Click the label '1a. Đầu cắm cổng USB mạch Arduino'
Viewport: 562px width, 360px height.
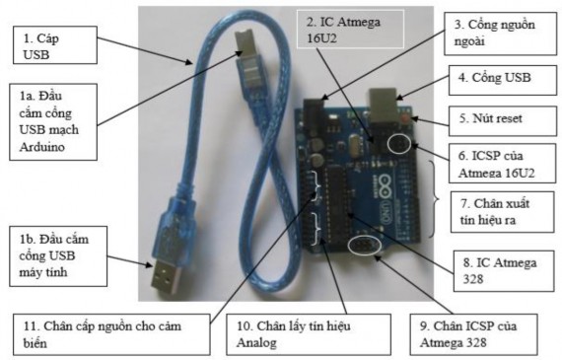(59, 118)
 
